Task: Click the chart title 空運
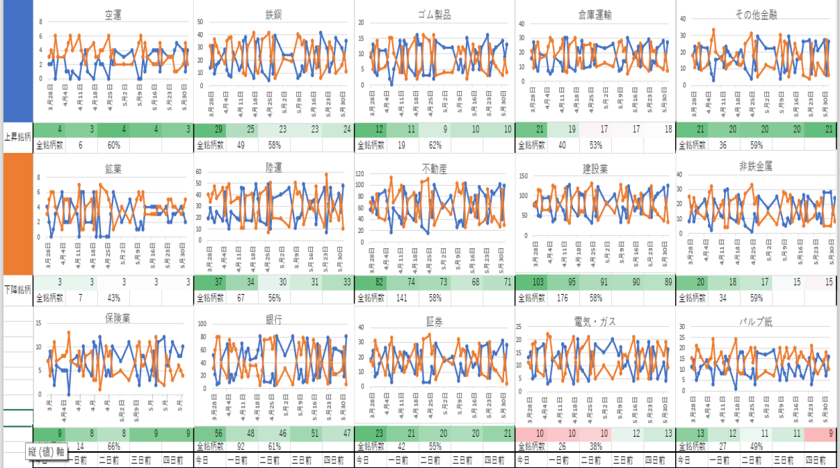pyautogui.click(x=113, y=14)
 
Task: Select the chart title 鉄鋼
pyautogui.click(x=274, y=14)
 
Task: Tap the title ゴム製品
pyautogui.click(x=435, y=14)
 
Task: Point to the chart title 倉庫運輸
pyautogui.click(x=595, y=15)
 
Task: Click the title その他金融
pyautogui.click(x=756, y=15)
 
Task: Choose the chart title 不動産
pyautogui.click(x=435, y=168)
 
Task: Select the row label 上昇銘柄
pyautogui.click(x=17, y=138)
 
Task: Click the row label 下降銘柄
pyautogui.click(x=17, y=289)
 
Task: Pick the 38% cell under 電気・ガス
pyautogui.click(x=595, y=446)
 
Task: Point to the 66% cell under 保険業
pyautogui.click(x=114, y=446)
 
